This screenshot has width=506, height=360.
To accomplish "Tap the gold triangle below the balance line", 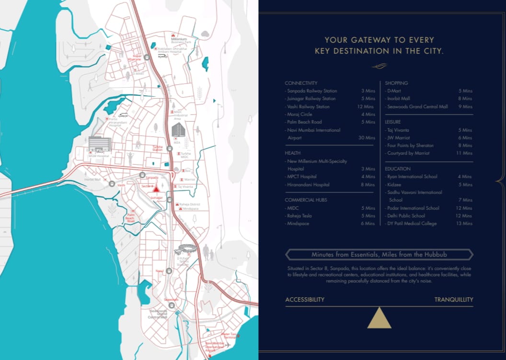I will pyautogui.click(x=379, y=318).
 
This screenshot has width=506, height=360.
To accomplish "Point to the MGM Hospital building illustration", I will pyautogui.click(x=100, y=144).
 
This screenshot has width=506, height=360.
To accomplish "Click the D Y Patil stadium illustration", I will pyautogui.click(x=184, y=250).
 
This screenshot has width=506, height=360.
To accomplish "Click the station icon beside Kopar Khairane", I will pyautogui.click(x=147, y=56).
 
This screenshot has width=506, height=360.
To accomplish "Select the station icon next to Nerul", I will pyautogui.click(x=169, y=270).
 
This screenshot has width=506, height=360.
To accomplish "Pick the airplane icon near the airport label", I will pyautogui.click(x=227, y=345).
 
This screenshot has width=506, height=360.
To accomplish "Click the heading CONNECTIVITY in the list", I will pyautogui.click(x=301, y=83).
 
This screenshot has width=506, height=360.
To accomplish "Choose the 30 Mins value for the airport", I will pyautogui.click(x=367, y=138).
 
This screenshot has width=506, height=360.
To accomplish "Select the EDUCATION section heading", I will pyautogui.click(x=398, y=169).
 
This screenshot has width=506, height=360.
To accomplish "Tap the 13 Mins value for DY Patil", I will pyautogui.click(x=464, y=224).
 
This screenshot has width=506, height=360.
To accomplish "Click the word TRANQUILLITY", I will pyautogui.click(x=453, y=300).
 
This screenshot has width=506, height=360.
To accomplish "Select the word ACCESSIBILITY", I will pyautogui.click(x=305, y=300).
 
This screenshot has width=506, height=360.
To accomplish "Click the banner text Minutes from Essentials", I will pyautogui.click(x=379, y=255).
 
